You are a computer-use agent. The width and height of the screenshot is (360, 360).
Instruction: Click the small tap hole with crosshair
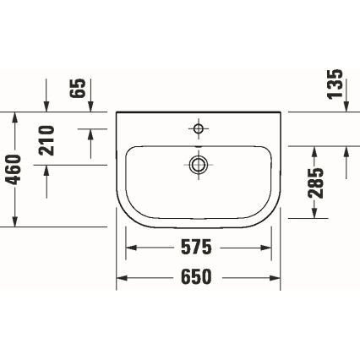click(199, 129)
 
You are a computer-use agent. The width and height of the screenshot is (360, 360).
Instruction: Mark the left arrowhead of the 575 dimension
click(132, 248)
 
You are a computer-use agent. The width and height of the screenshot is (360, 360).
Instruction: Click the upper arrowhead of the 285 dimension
click(314, 151)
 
